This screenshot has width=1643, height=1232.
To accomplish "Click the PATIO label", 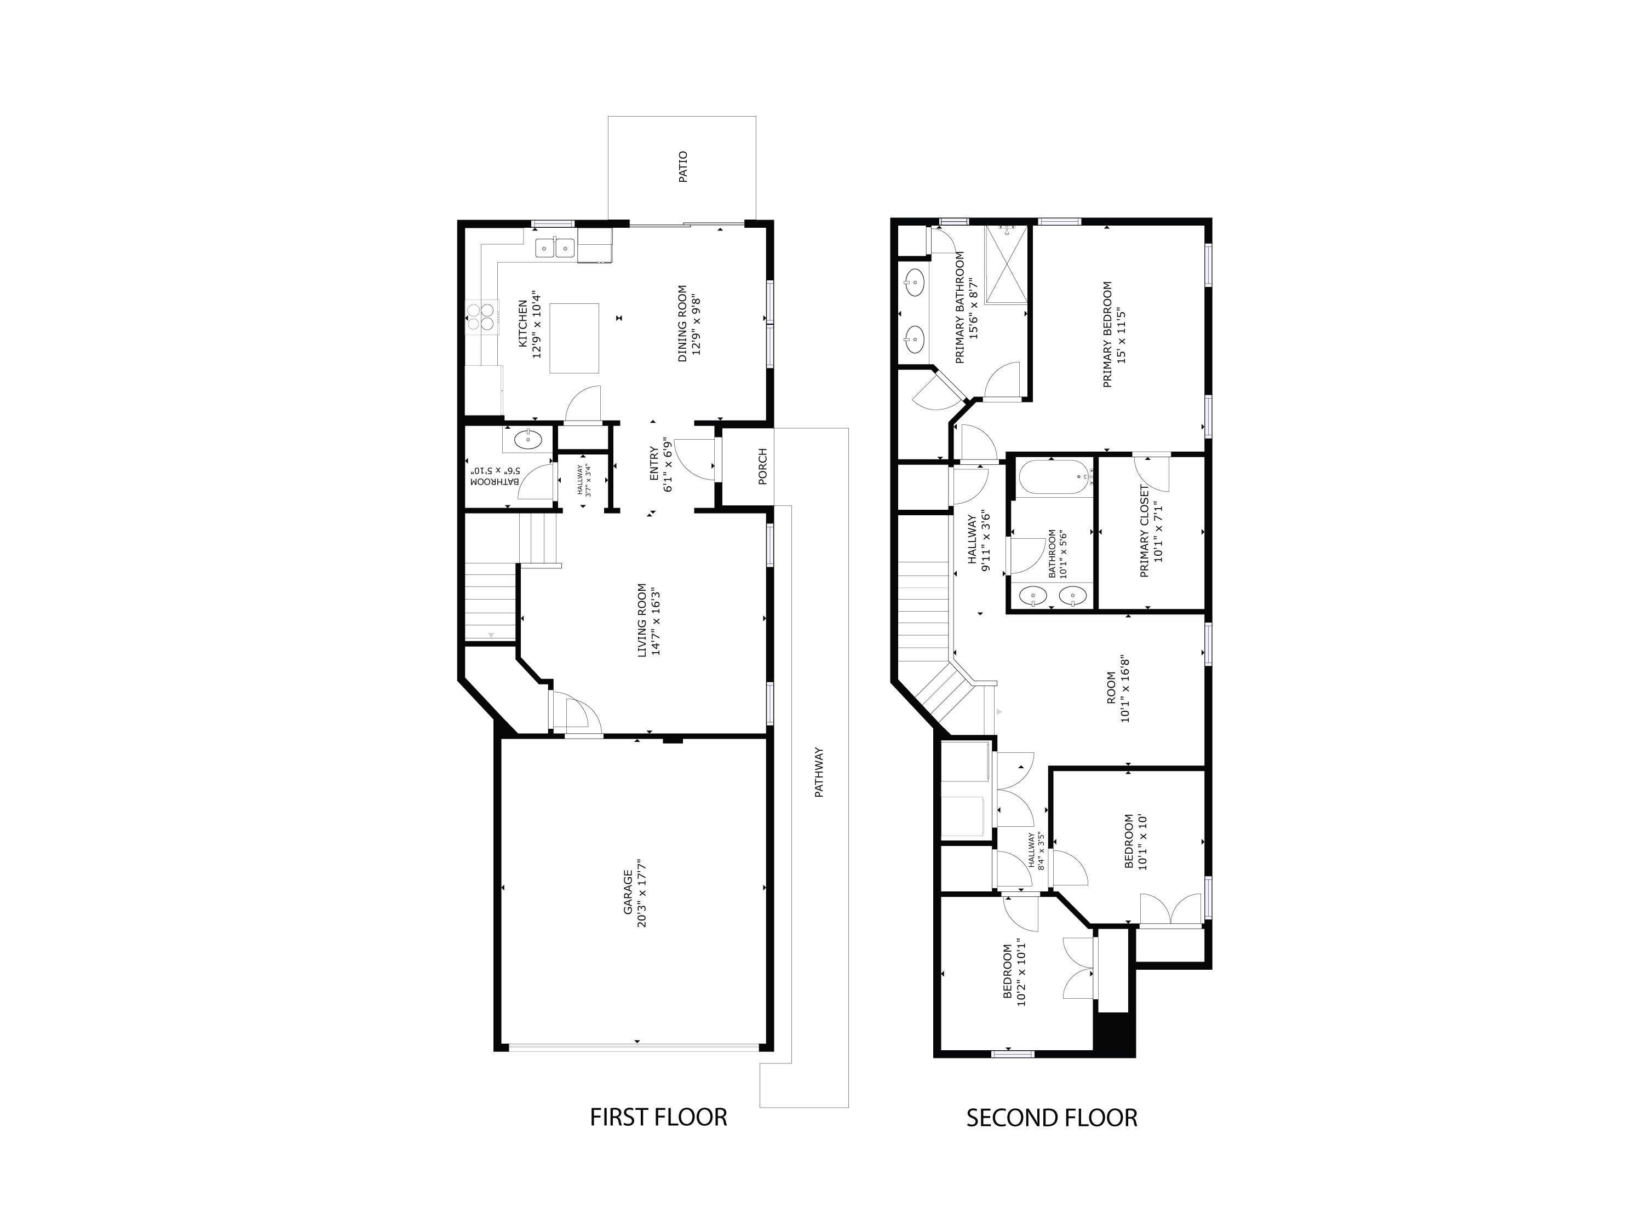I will click(x=682, y=167).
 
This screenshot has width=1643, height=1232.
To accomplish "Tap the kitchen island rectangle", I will click(x=574, y=338).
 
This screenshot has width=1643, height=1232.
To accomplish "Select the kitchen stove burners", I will click(x=482, y=317).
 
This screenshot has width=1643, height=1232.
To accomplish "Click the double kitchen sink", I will click(x=555, y=246).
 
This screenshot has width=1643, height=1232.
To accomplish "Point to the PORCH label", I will click(x=762, y=467).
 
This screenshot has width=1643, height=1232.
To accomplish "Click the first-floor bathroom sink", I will click(x=528, y=440).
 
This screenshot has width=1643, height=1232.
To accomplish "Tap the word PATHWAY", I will click(x=819, y=772).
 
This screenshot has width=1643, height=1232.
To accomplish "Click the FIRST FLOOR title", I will click(x=658, y=1118).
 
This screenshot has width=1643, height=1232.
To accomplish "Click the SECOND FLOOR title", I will click(x=1051, y=1118).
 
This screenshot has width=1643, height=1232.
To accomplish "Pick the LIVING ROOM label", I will click(x=642, y=620).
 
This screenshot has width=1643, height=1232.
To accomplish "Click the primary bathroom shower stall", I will click(x=1007, y=265).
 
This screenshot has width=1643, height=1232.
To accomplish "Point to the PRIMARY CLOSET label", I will click(x=1144, y=531).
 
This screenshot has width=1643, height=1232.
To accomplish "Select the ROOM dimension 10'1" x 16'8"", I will click(x=1125, y=689).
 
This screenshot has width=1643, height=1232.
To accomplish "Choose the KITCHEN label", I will click(x=522, y=323).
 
